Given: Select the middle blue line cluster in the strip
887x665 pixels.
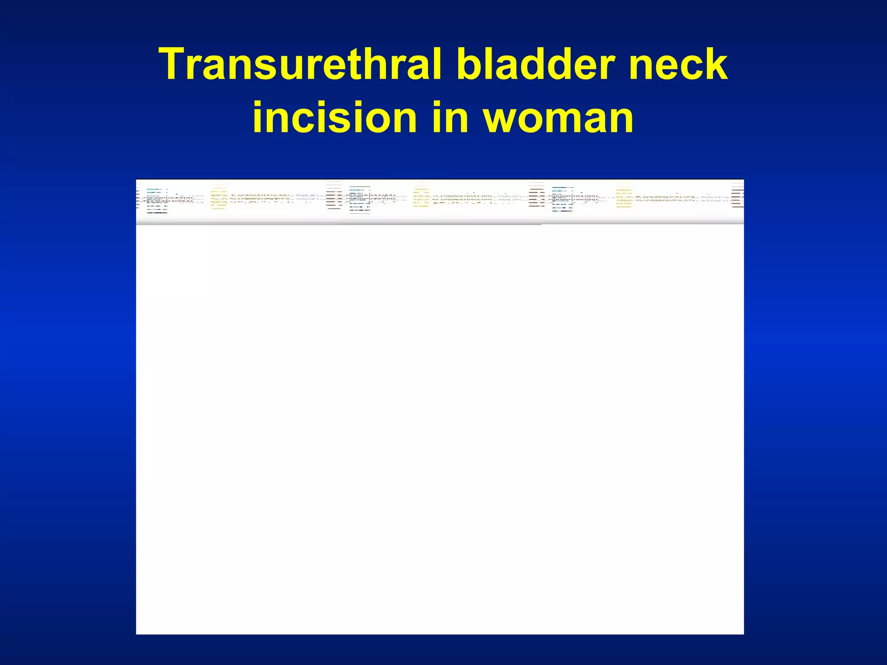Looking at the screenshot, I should point(360,200).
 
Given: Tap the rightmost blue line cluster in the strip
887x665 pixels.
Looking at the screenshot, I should point(563,199).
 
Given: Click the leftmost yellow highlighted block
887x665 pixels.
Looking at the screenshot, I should point(219,197).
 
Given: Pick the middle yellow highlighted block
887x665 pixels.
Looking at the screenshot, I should point(421,197).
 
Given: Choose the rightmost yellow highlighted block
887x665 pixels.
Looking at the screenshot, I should point(624,196).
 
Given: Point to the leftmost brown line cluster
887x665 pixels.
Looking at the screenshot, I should point(334,196).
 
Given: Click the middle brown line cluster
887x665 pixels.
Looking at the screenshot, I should point(537,195).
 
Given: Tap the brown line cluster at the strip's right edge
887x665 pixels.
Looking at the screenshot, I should point(738,195).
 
